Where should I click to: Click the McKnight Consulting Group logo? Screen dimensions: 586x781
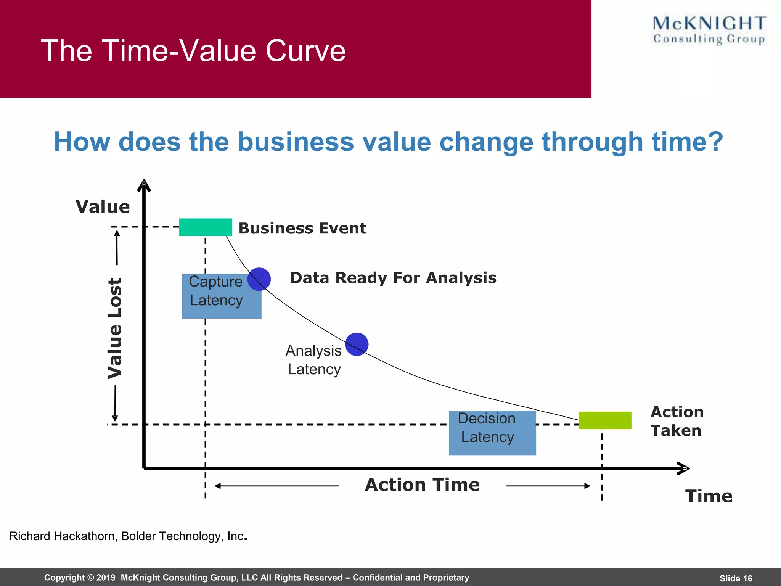tap(709, 30)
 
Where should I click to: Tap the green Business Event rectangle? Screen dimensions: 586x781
tap(206, 227)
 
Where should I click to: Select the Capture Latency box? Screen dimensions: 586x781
tap(221, 296)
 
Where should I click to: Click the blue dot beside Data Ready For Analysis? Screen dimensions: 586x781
tap(259, 279)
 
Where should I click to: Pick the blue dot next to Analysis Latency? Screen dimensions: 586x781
tap(357, 344)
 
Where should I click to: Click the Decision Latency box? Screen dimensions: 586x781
tap(492, 433)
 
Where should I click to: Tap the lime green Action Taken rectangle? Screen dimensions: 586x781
tap(605, 420)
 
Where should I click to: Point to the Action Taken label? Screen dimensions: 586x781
tap(677, 421)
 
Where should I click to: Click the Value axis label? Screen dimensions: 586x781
tap(103, 207)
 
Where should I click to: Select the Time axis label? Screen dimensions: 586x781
tap(709, 496)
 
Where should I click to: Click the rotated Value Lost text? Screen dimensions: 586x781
tap(114, 328)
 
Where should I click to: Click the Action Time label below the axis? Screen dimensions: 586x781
tap(422, 485)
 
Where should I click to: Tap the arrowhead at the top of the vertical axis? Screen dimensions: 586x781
tap(144, 185)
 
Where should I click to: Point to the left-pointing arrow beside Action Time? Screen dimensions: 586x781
tap(276, 486)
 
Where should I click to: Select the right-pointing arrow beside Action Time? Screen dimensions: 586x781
tap(548, 486)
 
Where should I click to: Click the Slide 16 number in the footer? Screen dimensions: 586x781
tap(736, 578)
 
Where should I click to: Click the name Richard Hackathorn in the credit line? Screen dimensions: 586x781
tap(63, 536)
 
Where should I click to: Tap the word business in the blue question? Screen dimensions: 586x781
tap(296, 142)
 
